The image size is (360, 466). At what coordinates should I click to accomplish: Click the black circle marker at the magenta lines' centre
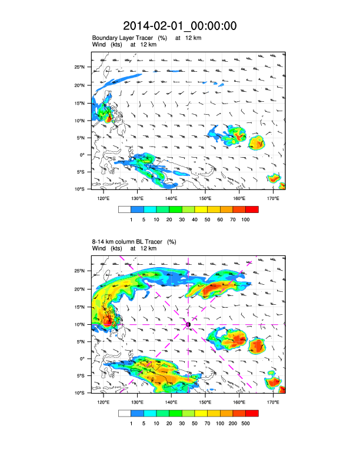[x=188, y=324]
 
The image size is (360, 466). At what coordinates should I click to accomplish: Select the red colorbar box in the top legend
[x=252, y=209]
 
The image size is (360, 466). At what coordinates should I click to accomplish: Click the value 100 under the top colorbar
[x=245, y=219]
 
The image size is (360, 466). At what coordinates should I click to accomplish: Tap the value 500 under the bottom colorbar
[x=245, y=423]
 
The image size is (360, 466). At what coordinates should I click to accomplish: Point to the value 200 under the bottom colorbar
[x=232, y=423]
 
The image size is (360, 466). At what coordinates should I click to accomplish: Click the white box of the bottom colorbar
[x=124, y=412]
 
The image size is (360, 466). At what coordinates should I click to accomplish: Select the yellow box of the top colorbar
[x=201, y=209]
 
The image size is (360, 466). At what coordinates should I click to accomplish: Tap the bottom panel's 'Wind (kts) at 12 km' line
[x=124, y=248]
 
